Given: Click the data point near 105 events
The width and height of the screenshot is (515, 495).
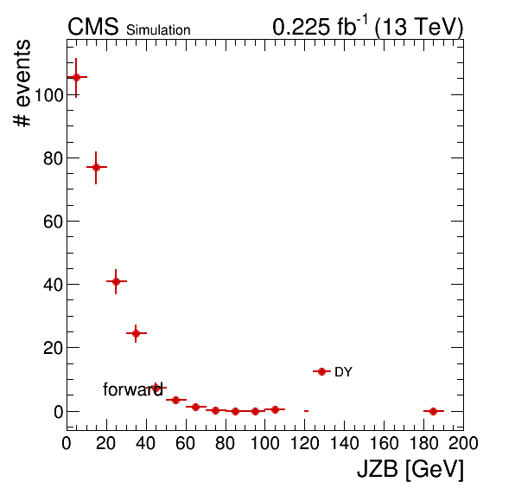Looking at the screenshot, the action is (x=76, y=77).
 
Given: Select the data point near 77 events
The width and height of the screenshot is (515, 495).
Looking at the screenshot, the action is (x=96, y=167).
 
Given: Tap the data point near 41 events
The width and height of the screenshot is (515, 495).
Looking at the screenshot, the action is (x=116, y=281).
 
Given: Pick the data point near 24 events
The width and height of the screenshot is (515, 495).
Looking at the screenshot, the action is (x=136, y=333).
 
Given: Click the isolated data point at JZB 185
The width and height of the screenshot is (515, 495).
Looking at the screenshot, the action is (x=433, y=411).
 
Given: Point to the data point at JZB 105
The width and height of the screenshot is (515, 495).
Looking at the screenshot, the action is (x=276, y=409).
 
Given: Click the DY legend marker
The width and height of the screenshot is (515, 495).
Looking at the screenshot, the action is (x=321, y=371).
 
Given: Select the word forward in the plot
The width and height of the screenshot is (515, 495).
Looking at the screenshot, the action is (x=133, y=389).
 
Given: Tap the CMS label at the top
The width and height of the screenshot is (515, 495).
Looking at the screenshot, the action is (x=93, y=27).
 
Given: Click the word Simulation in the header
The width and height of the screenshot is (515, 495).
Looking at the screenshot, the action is (x=158, y=30).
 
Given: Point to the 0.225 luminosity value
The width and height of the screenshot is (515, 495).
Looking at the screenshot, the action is (x=301, y=27).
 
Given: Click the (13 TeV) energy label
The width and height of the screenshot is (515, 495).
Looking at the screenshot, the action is (x=419, y=27).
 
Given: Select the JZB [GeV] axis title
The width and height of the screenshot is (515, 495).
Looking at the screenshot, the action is (x=410, y=469).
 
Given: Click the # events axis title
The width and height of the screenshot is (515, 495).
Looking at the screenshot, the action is (x=22, y=83).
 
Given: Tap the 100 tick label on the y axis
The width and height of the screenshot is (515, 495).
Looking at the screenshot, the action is (x=48, y=95).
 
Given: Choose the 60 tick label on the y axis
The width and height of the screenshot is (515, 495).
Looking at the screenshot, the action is (x=53, y=222).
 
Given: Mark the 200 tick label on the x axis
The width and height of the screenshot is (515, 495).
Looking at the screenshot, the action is (x=463, y=443).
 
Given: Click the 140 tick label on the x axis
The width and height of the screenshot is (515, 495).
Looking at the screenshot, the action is (x=344, y=443).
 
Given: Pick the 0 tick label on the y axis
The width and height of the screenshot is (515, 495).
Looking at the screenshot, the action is (x=59, y=412).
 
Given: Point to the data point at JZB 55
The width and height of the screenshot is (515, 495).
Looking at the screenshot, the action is (x=175, y=400).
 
